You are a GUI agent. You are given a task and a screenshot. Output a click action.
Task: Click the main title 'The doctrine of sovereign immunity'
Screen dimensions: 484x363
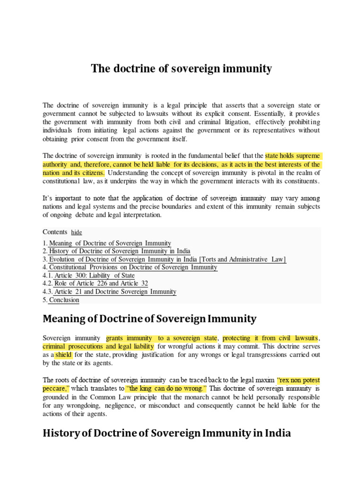click(x=181, y=69)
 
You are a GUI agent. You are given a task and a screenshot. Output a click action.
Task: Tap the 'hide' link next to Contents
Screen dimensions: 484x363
click(x=77, y=233)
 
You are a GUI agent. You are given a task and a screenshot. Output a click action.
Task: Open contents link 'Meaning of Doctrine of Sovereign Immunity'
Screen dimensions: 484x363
click(x=110, y=243)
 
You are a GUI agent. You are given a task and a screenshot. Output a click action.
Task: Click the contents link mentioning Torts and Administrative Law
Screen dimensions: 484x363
click(x=167, y=259)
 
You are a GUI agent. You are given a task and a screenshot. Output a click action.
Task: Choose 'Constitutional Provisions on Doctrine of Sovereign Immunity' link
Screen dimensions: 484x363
click(x=133, y=268)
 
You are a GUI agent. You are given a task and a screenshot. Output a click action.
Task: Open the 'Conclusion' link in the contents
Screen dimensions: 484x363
click(x=64, y=300)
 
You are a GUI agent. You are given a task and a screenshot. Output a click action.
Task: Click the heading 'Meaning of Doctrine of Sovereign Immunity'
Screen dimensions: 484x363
click(x=149, y=319)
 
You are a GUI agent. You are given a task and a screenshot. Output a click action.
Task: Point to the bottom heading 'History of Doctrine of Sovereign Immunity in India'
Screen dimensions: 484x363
click(x=166, y=432)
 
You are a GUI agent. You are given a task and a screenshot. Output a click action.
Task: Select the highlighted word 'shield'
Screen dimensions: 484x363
click(x=64, y=354)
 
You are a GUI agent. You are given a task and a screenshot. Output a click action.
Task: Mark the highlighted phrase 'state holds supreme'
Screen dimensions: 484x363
click(x=292, y=156)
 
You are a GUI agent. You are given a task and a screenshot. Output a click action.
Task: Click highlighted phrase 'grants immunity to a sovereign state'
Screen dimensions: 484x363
click(x=162, y=338)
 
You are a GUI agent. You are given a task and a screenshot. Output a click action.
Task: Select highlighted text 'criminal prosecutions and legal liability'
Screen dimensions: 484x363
click(x=98, y=346)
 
